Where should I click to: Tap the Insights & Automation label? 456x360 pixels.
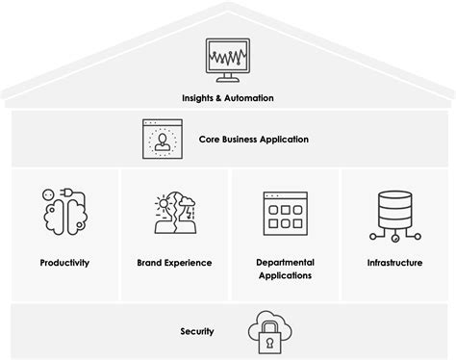tap(228, 98)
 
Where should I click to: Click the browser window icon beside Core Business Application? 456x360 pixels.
tap(163, 139)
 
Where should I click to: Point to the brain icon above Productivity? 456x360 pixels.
tap(59, 212)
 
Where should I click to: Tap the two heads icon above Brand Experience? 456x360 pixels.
tap(174, 214)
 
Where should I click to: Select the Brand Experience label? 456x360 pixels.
tap(174, 263)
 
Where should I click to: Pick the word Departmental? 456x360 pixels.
tap(285, 262)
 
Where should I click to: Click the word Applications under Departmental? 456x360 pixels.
tap(285, 275)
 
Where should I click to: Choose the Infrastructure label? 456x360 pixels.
tap(394, 263)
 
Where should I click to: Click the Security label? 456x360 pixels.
tap(196, 332)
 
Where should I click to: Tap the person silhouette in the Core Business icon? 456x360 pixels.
tap(163, 141)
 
